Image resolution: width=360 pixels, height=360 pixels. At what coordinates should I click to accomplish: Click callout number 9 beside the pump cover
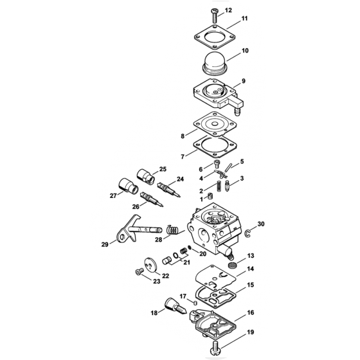[x=244, y=82]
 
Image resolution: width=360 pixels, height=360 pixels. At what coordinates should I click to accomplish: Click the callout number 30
[x=260, y=224]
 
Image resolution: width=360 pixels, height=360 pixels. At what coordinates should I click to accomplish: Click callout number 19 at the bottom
[x=251, y=333]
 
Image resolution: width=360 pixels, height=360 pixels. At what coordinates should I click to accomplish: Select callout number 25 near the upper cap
[x=163, y=168]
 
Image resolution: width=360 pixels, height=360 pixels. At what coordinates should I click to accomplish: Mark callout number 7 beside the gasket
[x=184, y=156]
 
